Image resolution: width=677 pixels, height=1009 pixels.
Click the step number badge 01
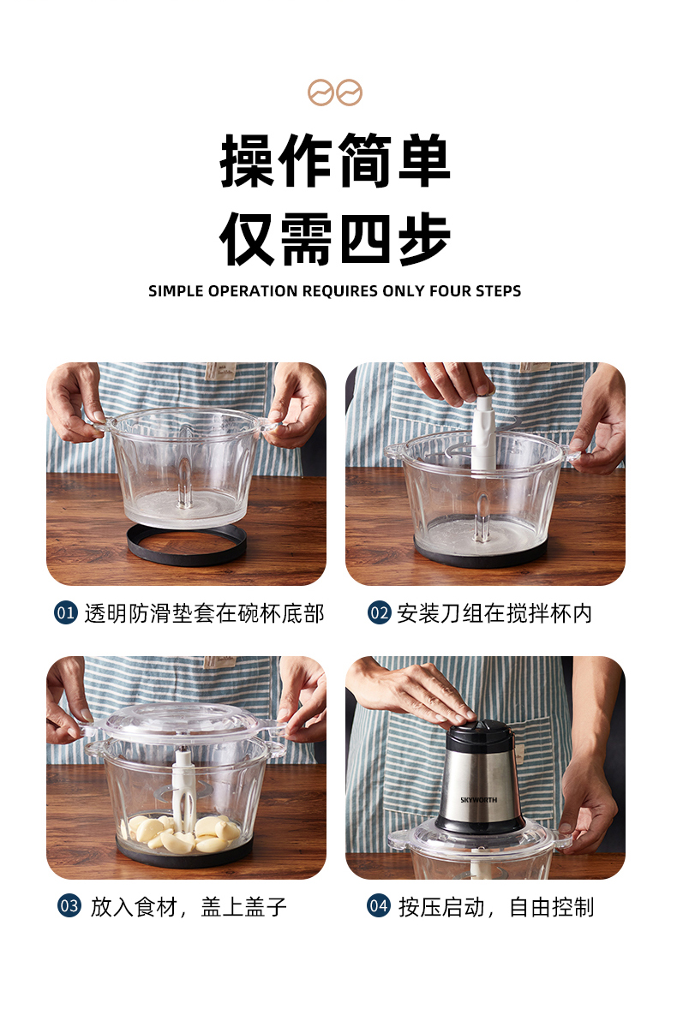point(65,612)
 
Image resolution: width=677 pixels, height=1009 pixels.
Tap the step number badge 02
point(379,612)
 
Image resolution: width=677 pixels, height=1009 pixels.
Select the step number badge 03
point(69,906)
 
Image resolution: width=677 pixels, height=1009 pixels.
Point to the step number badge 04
point(379,906)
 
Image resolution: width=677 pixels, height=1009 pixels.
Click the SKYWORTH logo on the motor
point(479,800)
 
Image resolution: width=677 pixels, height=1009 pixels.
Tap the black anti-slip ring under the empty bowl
point(187,545)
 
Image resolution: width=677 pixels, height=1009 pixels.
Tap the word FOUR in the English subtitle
point(450,291)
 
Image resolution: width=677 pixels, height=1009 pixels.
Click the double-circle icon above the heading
point(334,93)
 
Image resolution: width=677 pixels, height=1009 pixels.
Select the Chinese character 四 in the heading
point(365,239)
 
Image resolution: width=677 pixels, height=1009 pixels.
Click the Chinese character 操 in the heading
point(247,160)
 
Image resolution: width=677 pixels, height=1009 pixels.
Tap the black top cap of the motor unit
point(481,733)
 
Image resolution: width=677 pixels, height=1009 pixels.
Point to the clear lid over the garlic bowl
point(183,722)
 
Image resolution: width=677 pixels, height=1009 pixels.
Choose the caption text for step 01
point(204,613)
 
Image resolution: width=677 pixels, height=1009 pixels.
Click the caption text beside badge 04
point(496,907)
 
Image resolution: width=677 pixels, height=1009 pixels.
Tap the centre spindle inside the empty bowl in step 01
point(185,483)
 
